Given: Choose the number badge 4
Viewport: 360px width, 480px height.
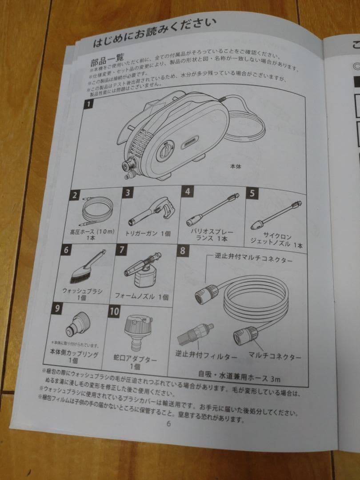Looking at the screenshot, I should (x=188, y=192).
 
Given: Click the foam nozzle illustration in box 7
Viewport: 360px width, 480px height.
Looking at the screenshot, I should (x=143, y=272).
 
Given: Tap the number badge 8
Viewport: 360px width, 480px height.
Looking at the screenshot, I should (x=182, y=250).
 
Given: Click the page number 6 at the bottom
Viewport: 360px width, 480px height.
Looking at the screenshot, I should (x=168, y=423).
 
